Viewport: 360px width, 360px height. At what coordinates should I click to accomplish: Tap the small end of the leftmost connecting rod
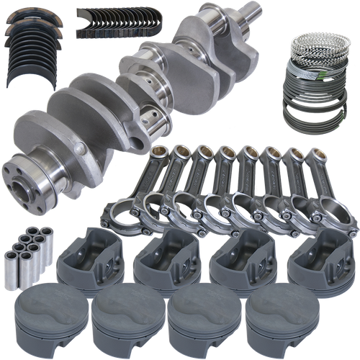160,153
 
